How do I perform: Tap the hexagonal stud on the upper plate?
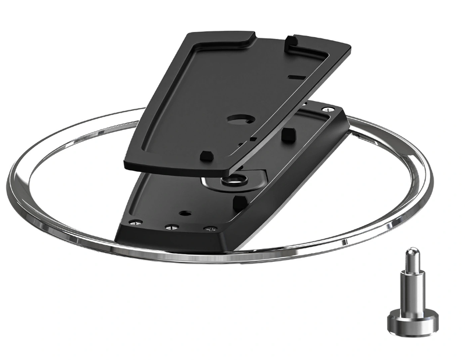205,156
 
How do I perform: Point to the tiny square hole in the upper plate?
253,139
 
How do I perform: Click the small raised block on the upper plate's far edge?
290,41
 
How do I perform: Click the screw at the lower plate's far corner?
330,109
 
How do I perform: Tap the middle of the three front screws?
171,227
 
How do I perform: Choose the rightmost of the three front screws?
210,229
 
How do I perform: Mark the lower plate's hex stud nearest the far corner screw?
287,134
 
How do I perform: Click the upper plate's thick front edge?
174,168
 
